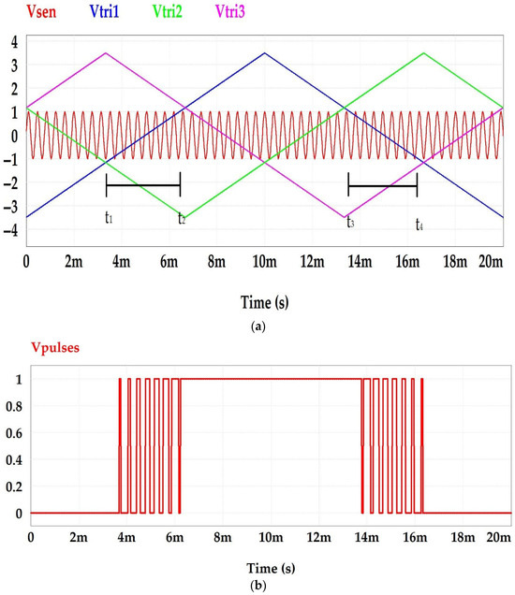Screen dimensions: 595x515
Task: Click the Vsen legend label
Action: [29, 12]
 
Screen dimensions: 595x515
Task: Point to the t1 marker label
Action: [109, 218]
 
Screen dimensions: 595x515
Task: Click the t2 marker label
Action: [182, 219]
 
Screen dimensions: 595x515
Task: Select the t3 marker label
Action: [349, 222]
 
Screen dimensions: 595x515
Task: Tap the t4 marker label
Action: [419, 225]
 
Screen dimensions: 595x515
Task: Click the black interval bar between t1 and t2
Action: [143, 185]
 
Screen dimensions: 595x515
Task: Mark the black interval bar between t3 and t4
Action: [382, 186]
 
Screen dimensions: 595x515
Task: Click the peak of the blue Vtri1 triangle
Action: [265, 53]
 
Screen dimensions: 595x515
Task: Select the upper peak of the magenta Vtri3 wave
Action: [106, 53]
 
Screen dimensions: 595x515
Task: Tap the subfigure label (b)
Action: [258, 585]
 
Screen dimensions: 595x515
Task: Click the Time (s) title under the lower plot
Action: [258, 567]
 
